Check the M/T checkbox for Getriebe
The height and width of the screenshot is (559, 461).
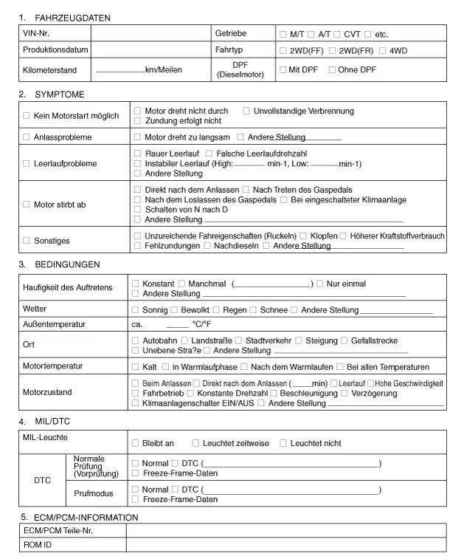tap(283, 35)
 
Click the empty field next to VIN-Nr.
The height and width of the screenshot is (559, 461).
tap(150, 34)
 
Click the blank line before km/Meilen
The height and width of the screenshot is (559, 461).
tap(120, 71)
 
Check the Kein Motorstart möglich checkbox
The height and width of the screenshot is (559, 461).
tap(27, 117)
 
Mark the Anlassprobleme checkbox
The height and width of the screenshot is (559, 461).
tap(27, 137)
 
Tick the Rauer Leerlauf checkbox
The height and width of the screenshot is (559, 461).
tap(138, 153)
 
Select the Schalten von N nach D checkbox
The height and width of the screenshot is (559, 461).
tap(138, 210)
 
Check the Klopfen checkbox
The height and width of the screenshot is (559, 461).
tap(303, 236)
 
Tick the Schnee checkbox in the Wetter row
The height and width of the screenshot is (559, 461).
tap(253, 309)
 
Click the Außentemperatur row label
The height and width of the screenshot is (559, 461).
tap(55, 324)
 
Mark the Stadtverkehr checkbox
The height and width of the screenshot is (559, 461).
tap(238, 340)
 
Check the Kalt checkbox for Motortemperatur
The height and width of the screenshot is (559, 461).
tap(136, 367)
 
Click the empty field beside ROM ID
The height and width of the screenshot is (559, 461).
tap(285, 545)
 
